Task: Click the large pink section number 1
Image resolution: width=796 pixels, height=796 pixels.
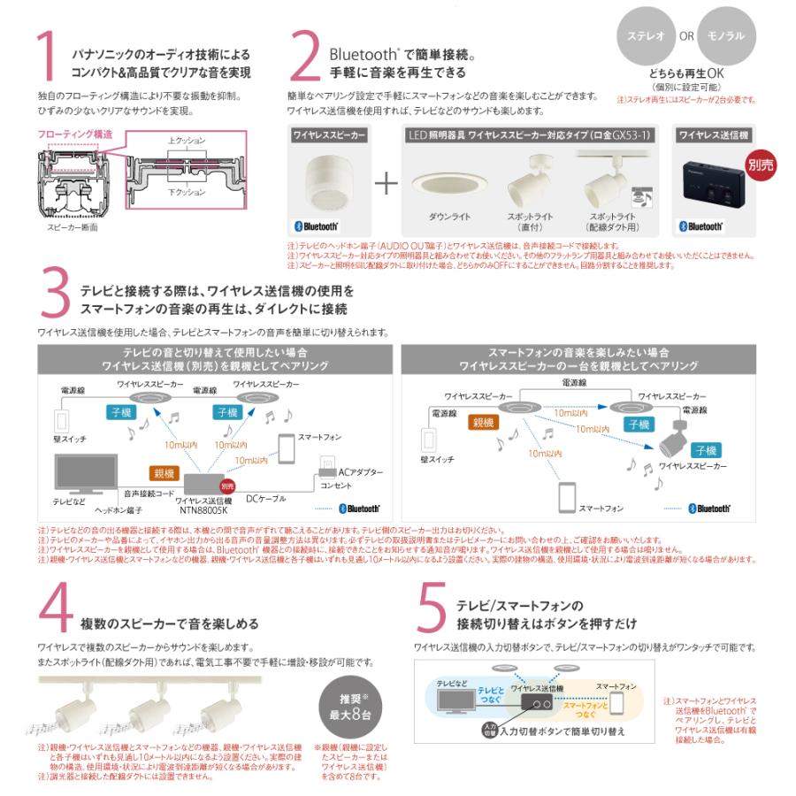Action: [50, 61]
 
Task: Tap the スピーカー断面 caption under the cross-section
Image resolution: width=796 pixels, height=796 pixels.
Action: [72, 227]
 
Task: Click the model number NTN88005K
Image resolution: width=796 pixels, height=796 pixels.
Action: [204, 509]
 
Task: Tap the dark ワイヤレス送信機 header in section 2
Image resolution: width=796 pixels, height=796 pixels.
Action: [713, 135]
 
